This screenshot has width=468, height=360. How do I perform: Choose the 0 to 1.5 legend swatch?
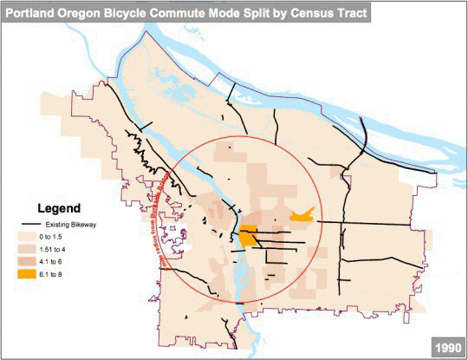coord(31,236)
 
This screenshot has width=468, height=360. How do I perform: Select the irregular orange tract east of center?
coord(300,214)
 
